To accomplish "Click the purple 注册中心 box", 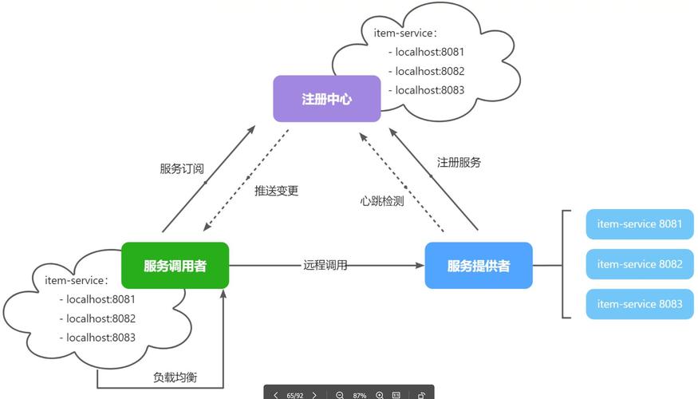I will pyautogui.click(x=326, y=99).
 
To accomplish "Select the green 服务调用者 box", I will pyautogui.click(x=175, y=266).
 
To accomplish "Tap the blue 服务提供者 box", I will pyautogui.click(x=478, y=266).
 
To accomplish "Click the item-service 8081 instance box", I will pyautogui.click(x=639, y=224).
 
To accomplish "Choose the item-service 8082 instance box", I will pyautogui.click(x=639, y=264).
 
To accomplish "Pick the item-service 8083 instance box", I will pyautogui.click(x=639, y=304).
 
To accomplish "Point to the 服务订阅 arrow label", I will pyautogui.click(x=182, y=169).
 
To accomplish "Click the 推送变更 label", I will pyautogui.click(x=276, y=192).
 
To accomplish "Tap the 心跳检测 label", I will pyautogui.click(x=381, y=201).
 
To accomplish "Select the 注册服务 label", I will pyautogui.click(x=459, y=163).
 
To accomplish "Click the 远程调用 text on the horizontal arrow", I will pyautogui.click(x=325, y=265).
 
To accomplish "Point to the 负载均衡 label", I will pyautogui.click(x=175, y=377).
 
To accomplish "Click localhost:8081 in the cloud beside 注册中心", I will pyautogui.click(x=429, y=52).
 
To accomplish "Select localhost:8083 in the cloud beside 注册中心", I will pyautogui.click(x=429, y=90).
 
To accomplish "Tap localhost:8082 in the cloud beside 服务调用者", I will pyautogui.click(x=101, y=318).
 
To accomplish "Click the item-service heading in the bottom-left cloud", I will pyautogui.click(x=77, y=280).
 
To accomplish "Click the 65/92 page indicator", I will pyautogui.click(x=295, y=395).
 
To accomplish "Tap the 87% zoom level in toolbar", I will pyautogui.click(x=360, y=395).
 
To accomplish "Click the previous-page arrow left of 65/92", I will pyautogui.click(x=276, y=395).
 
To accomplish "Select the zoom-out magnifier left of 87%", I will pyautogui.click(x=340, y=395).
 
